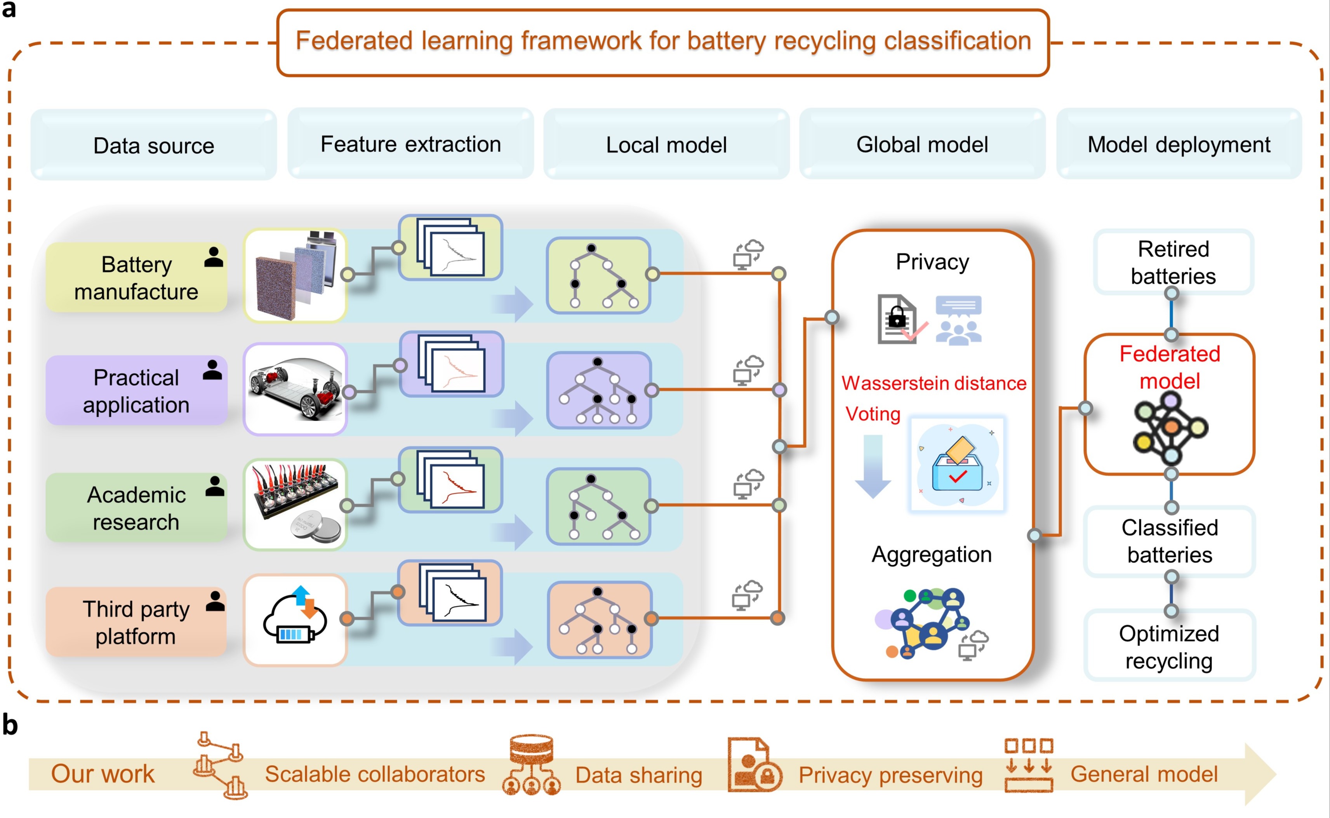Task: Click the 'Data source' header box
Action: (154, 145)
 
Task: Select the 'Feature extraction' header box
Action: (410, 144)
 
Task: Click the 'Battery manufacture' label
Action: (136, 278)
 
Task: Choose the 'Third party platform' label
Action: (136, 622)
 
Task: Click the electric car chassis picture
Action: (295, 389)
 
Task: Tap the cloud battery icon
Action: (295, 620)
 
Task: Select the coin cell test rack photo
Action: (295, 504)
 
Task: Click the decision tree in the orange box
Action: (599, 620)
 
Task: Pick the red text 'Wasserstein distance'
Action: (934, 383)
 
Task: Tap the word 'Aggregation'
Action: (931, 555)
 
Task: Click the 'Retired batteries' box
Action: (1173, 263)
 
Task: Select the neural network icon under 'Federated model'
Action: (1170, 427)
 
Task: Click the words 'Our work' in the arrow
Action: (103, 774)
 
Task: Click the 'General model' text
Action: (1144, 774)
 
